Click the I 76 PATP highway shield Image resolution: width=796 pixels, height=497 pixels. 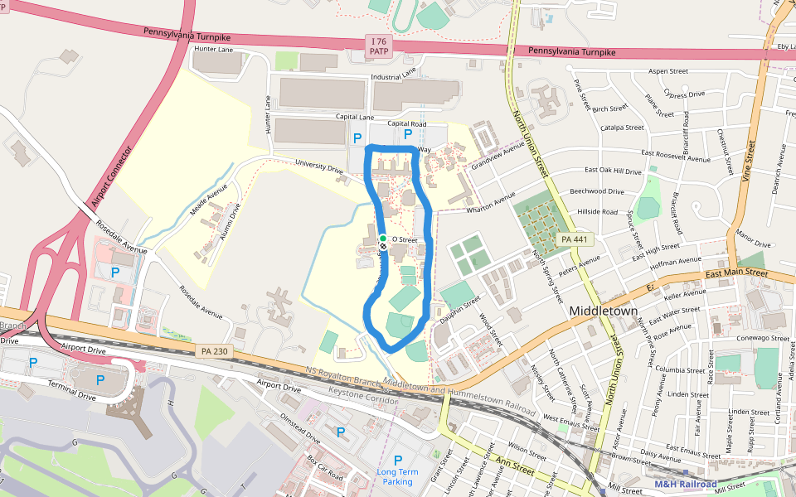pyautogui.click(x=379, y=46)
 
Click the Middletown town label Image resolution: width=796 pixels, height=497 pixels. pyautogui.click(x=604, y=311)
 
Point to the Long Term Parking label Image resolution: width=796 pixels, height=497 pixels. pyautogui.click(x=397, y=476)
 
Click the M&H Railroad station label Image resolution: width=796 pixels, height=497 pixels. pyautogui.click(x=685, y=484)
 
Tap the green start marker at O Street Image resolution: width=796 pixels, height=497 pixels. pyautogui.click(x=383, y=239)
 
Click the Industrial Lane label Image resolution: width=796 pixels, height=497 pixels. pyautogui.click(x=393, y=75)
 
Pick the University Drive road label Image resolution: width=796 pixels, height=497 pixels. pyautogui.click(x=324, y=169)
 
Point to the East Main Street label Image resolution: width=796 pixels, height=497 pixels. pyautogui.click(x=736, y=272)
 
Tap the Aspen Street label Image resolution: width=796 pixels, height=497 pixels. pyautogui.click(x=668, y=71)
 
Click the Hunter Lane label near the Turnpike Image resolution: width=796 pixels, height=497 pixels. pyautogui.click(x=215, y=50)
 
